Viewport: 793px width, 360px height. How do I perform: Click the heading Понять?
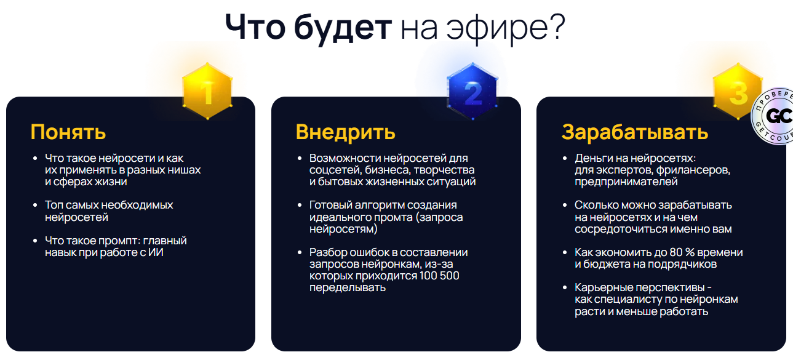tap(68, 132)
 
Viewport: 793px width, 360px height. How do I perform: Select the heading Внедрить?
tap(345, 132)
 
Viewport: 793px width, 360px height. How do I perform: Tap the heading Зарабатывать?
tap(635, 132)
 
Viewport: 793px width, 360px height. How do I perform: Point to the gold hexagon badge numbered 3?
tap(736, 92)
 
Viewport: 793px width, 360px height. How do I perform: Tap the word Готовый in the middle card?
tap(331, 205)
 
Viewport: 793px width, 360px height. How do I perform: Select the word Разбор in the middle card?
tap(329, 252)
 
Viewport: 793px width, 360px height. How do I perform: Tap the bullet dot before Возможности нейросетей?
tap(300, 158)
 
